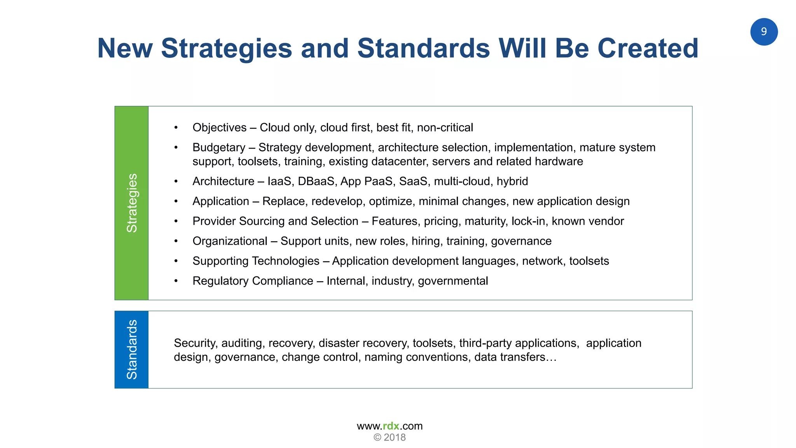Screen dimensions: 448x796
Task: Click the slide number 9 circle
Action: click(x=763, y=31)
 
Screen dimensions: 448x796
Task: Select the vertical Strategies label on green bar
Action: click(x=132, y=203)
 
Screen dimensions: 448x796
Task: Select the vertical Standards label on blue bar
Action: click(x=132, y=349)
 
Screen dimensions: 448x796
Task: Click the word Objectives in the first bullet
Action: click(x=219, y=128)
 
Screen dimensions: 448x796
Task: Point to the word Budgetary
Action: click(x=219, y=148)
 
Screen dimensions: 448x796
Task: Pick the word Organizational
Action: click(x=230, y=241)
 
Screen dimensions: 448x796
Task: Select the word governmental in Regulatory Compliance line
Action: click(x=453, y=281)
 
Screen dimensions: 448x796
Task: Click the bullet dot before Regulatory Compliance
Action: click(x=176, y=281)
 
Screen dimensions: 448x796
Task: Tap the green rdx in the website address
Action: click(x=391, y=426)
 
